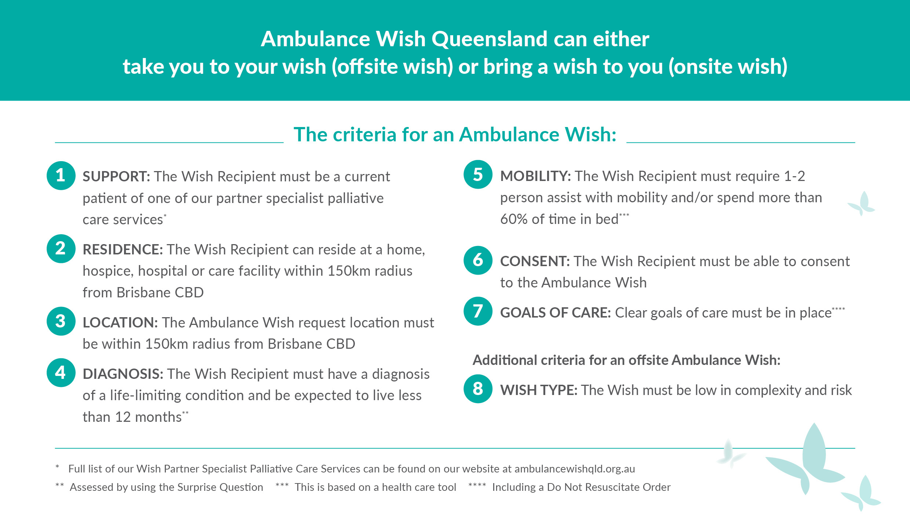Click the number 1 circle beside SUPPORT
(61, 175)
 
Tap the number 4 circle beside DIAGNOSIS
(61, 373)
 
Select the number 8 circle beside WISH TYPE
(478, 389)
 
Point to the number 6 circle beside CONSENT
(478, 260)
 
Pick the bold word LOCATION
(120, 323)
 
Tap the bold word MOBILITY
(535, 176)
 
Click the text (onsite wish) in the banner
(728, 67)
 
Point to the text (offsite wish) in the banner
(392, 67)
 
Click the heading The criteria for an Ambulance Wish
(455, 134)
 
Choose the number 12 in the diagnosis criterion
(123, 417)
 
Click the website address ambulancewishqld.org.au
(575, 469)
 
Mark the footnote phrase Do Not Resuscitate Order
(609, 488)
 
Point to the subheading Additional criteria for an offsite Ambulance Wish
(626, 360)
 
